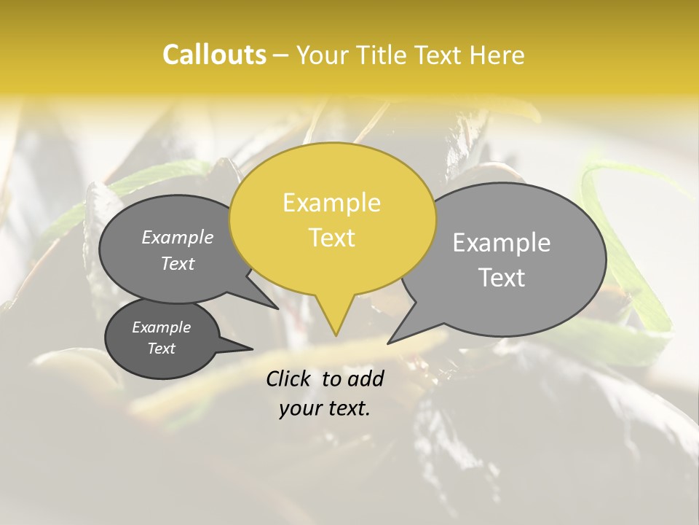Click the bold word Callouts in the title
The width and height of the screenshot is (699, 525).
214,55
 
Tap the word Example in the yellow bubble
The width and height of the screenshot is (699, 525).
331,203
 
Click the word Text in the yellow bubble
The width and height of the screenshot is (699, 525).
332,238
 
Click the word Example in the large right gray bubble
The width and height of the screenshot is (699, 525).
501,243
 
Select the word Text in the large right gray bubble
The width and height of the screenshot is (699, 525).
502,278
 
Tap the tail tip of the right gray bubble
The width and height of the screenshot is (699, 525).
388,343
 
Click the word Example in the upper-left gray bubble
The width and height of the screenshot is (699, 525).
178,238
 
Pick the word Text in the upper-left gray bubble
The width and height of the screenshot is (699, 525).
178,264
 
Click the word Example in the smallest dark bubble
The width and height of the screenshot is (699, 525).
162,327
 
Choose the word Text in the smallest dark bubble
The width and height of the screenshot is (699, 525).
162,349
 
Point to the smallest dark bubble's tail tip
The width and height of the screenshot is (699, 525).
252,349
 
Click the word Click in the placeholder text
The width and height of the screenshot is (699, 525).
289,378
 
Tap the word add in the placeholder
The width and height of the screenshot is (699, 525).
365,378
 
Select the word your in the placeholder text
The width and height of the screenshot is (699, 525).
300,409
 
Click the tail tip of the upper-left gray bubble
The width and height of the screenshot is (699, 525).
278,308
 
